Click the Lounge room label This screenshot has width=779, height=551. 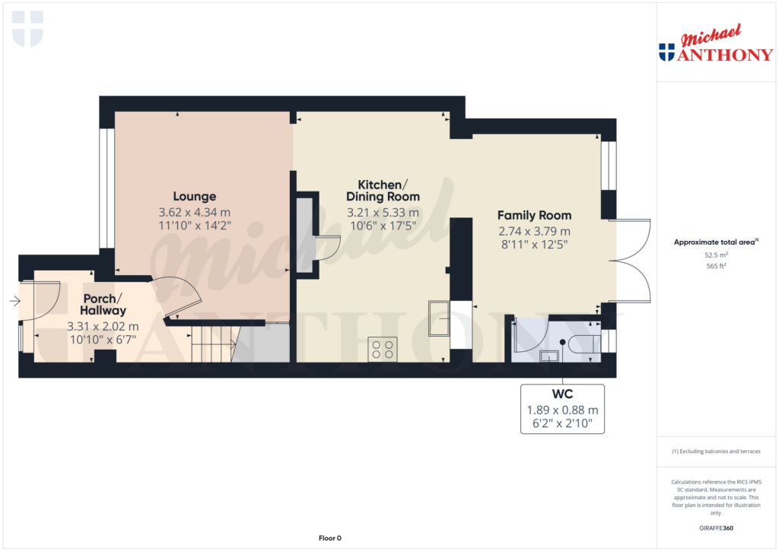click(194, 196)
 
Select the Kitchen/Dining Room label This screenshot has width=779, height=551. click(383, 191)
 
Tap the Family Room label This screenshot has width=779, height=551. click(534, 215)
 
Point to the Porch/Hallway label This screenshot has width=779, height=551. click(104, 304)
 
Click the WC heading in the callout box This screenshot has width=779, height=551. click(562, 394)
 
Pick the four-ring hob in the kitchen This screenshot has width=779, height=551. click(382, 349)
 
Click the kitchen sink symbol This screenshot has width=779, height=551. click(439, 318)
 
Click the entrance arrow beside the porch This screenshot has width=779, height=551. click(14, 302)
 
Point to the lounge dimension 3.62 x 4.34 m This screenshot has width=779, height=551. click(194, 212)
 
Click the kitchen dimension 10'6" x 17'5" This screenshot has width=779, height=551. click(383, 226)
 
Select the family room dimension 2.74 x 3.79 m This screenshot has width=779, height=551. click(534, 231)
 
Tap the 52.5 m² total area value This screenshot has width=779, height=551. click(715, 256)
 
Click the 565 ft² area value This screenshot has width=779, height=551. click(715, 267)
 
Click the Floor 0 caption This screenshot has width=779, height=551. click(329, 538)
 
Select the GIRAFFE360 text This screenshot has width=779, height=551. click(715, 527)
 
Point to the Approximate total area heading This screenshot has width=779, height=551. click(714, 242)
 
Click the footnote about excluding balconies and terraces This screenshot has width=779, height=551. click(715, 451)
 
